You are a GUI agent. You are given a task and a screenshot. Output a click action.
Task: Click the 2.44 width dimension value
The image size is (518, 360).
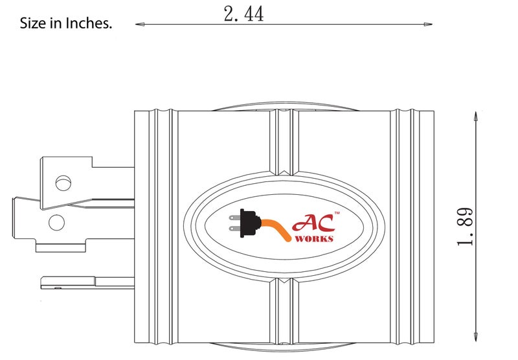[x=243, y=14]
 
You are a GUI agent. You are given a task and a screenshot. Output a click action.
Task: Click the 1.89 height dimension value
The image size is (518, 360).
[x=465, y=227]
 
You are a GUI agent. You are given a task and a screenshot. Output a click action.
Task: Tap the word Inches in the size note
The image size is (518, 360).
[x=89, y=23]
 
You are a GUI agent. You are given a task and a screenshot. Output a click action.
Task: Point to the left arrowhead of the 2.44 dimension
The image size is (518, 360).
[x=140, y=24]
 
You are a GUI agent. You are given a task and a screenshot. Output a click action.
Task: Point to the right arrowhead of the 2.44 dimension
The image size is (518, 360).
[x=428, y=25]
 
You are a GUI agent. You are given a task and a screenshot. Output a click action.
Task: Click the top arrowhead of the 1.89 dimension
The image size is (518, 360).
[x=476, y=117]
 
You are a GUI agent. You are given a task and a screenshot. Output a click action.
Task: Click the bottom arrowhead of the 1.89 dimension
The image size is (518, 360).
[x=476, y=337]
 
